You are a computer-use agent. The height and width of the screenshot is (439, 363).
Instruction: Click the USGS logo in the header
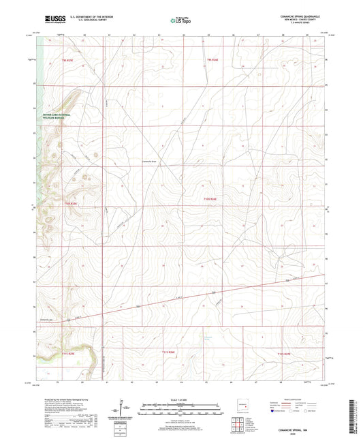[53, 19]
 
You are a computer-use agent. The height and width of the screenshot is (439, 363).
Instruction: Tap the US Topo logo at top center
[180, 20]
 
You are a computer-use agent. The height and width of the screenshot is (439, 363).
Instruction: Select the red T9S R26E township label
[213, 61]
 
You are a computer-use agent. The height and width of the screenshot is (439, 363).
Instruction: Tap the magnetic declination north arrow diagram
[124, 409]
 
